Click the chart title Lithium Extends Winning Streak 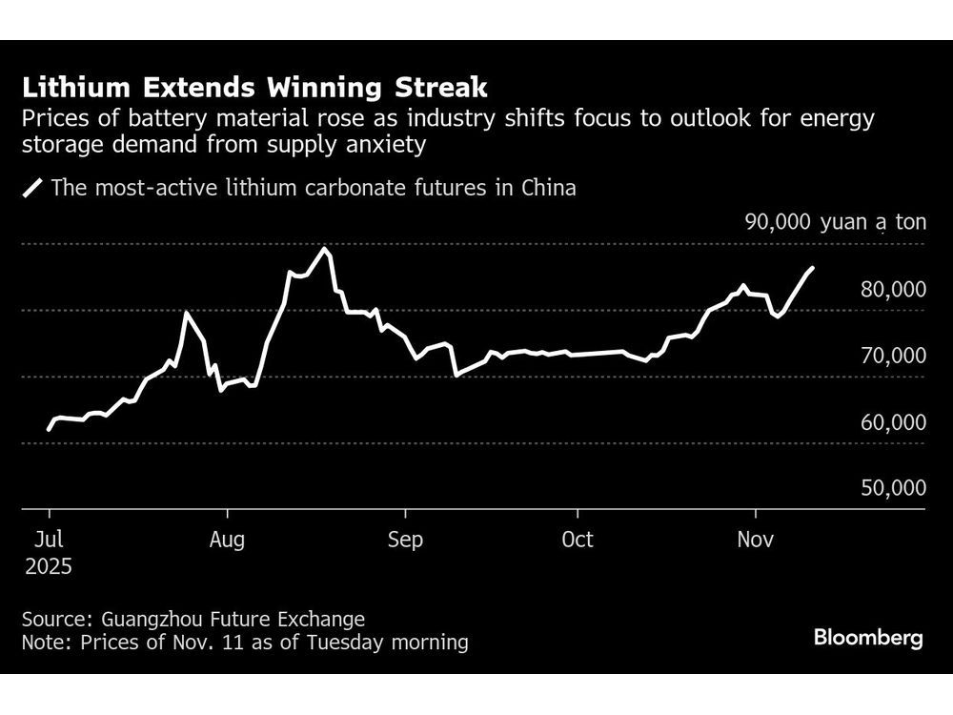pos(254,89)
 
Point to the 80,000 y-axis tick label pos(893,289)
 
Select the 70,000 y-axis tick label pos(893,356)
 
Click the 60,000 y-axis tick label pos(893,421)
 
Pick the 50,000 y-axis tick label pos(893,488)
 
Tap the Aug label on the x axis pos(227,540)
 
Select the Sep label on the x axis pos(405,540)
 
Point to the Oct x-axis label pos(578,540)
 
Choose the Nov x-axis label pos(755,540)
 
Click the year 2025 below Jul pos(48,565)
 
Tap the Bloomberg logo pos(868,638)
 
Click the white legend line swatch pos(34,188)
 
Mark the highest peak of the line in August pos(325,249)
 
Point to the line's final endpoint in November pos(812,269)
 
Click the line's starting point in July pos(49,429)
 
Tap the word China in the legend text pos(548,187)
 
